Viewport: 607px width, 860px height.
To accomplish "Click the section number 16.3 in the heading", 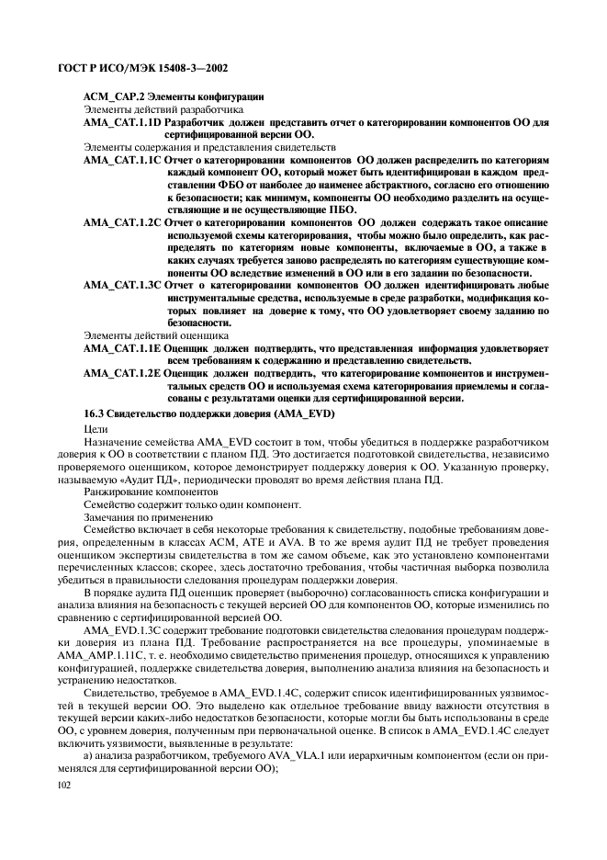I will [95, 413].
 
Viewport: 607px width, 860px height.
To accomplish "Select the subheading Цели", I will [95, 429].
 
